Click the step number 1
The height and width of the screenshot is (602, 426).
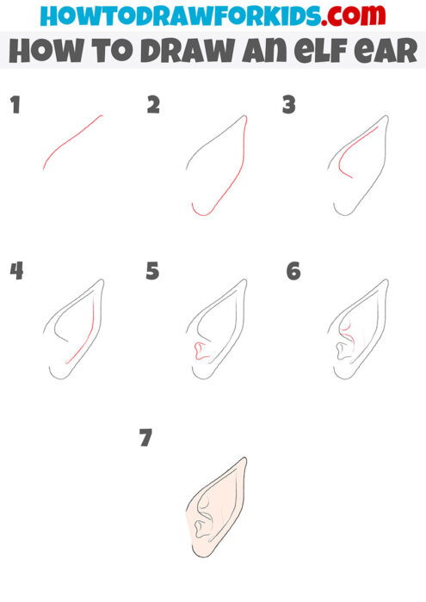click(14, 106)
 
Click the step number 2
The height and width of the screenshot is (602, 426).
click(153, 106)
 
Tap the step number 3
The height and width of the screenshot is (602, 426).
click(289, 106)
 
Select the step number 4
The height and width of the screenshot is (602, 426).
click(15, 271)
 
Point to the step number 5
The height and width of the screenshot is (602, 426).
click(153, 271)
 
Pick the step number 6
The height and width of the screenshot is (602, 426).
click(293, 271)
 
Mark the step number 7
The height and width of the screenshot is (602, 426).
click(145, 438)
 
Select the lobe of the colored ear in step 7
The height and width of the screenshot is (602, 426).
click(200, 547)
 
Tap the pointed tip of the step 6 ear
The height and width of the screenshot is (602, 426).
click(386, 280)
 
